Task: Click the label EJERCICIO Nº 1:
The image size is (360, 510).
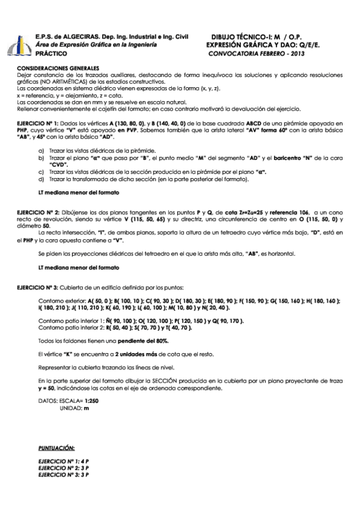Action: coord(37,121)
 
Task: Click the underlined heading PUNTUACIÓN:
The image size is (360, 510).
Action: coord(56,449)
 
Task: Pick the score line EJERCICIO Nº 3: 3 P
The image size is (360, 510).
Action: coord(63,475)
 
